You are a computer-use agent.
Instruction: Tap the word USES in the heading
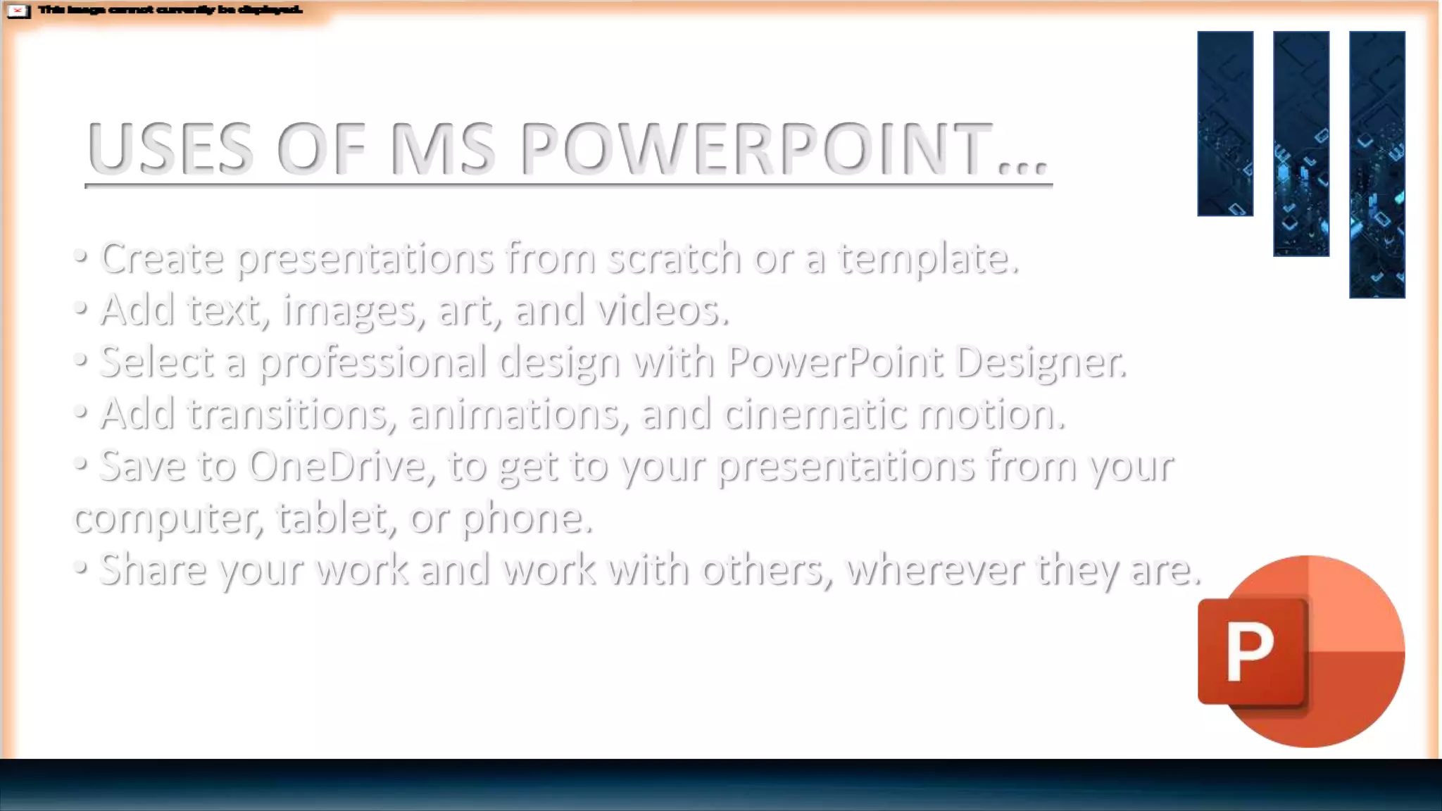pos(170,149)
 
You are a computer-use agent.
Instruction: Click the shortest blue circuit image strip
pos(1225,123)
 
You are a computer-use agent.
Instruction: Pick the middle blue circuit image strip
pos(1301,144)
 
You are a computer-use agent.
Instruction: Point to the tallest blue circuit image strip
pos(1377,164)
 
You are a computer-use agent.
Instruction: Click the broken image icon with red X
pos(18,11)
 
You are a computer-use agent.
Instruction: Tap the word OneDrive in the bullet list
pos(337,466)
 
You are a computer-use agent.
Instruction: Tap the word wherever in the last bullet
pos(936,570)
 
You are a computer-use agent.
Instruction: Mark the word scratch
pos(674,258)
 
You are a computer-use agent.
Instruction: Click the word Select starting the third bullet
pos(156,362)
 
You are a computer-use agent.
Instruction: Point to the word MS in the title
pos(442,149)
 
